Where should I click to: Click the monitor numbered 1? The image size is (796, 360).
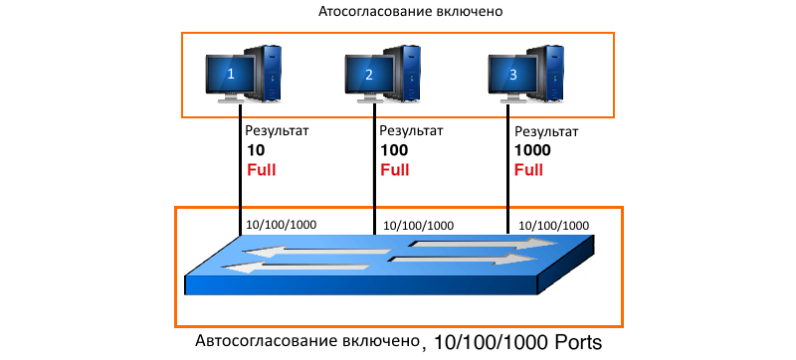(231, 74)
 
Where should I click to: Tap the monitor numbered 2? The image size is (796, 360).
(369, 74)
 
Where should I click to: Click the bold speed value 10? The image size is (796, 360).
(255, 150)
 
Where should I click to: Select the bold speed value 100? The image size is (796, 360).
(394, 150)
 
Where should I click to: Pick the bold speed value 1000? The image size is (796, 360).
(532, 150)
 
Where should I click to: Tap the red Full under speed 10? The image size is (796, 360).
(261, 169)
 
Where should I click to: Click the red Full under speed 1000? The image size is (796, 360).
(529, 169)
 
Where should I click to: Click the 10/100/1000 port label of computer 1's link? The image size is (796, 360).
(282, 225)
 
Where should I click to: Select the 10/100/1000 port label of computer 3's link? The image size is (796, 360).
(554, 226)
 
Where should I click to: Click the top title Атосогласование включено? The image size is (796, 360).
(406, 13)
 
